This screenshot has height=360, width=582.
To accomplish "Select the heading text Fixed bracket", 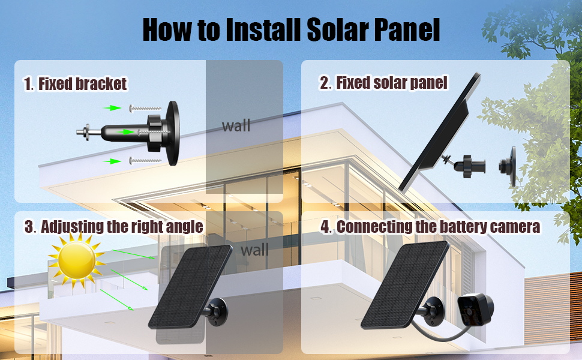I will tap(82, 84).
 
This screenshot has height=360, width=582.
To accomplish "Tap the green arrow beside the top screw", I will tap(112, 108).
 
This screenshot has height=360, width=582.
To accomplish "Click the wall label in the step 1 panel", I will tap(236, 126).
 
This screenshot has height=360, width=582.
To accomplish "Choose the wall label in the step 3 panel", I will tap(254, 250).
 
